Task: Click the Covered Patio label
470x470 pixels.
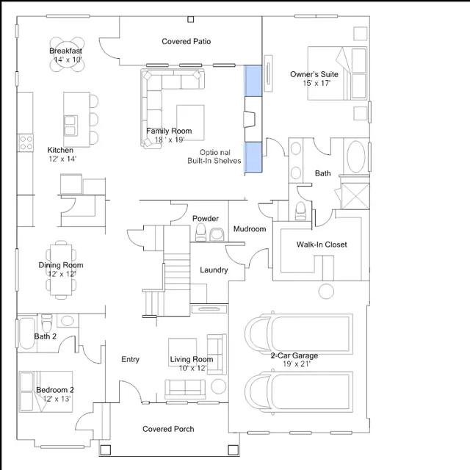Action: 186,41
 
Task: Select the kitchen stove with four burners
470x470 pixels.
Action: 26,142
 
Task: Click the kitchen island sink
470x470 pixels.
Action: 70,126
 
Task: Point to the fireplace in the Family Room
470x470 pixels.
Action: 250,119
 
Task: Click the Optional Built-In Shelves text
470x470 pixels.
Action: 214,156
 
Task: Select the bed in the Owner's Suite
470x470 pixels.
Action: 337,73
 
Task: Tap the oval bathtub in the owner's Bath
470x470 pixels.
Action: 355,156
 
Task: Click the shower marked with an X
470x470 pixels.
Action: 355,196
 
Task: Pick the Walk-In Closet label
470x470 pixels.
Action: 322,245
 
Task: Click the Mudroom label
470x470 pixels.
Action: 250,229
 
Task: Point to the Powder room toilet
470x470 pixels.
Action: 200,232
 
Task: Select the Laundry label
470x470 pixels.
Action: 214,270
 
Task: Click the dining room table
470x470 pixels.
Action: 61,270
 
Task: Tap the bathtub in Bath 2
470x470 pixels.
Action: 27,333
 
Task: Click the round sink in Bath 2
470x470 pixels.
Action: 67,320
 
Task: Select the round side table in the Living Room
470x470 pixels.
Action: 219,387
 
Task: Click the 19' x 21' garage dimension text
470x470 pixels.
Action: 296,364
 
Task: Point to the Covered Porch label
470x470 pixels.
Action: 168,429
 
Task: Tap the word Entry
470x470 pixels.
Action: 130,359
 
